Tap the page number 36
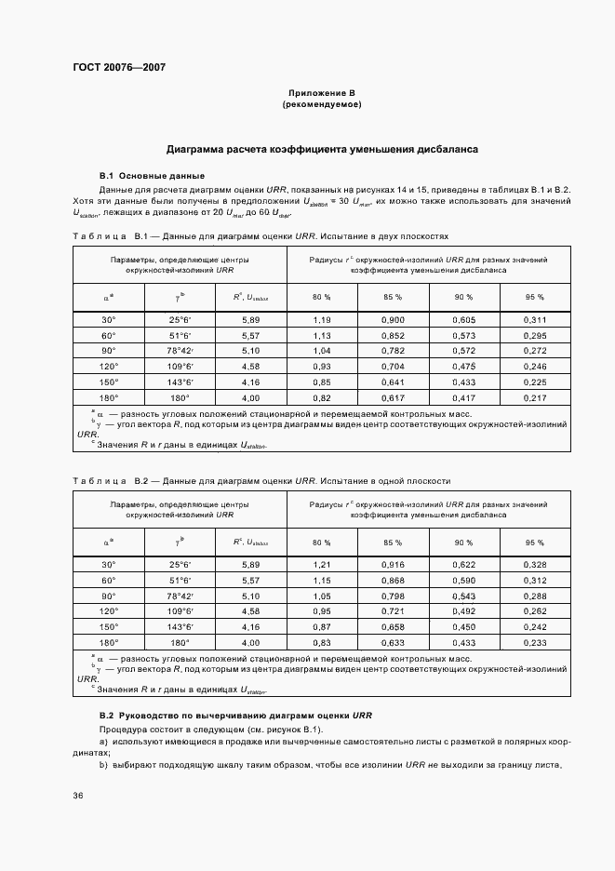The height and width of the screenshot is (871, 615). click(x=79, y=796)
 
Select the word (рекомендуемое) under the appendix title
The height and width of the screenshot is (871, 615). click(x=322, y=105)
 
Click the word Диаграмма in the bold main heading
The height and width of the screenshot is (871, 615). click(x=199, y=149)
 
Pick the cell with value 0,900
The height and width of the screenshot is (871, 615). click(x=393, y=320)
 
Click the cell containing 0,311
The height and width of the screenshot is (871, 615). click(x=534, y=320)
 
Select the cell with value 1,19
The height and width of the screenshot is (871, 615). click(x=322, y=320)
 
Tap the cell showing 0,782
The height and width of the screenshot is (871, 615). click(x=393, y=350)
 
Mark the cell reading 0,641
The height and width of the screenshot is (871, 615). click(x=393, y=381)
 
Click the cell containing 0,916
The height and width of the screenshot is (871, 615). click(x=393, y=565)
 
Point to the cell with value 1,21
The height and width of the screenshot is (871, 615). click(x=322, y=565)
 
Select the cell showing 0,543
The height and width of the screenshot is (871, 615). click(x=463, y=596)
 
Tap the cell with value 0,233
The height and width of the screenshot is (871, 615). click(x=534, y=641)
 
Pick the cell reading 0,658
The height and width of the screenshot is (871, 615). click(x=393, y=626)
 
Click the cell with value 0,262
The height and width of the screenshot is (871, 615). click(x=534, y=610)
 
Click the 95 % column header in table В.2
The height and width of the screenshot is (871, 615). click(x=534, y=542)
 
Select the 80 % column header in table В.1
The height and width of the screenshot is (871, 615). click(x=322, y=296)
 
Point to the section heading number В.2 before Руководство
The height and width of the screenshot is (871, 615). click(x=106, y=714)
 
